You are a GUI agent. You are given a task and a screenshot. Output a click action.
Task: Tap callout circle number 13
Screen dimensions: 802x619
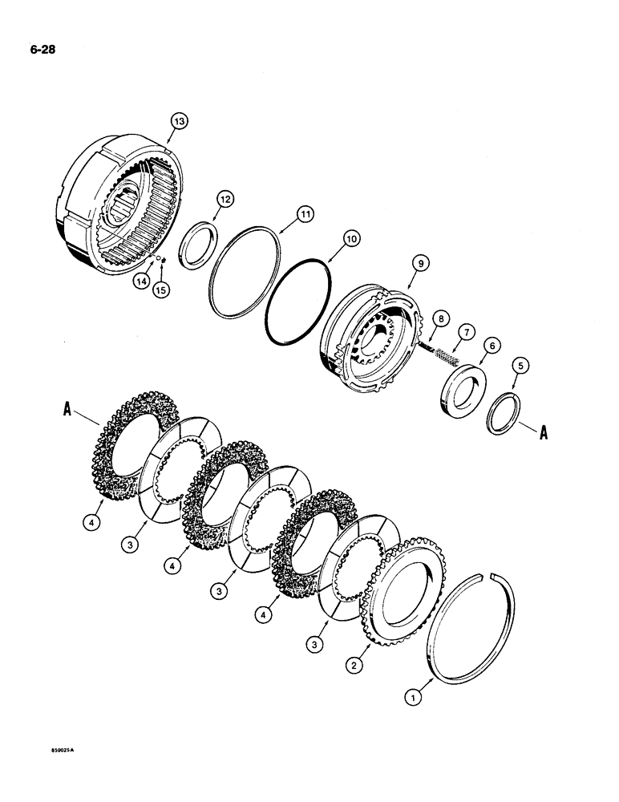pos(178,121)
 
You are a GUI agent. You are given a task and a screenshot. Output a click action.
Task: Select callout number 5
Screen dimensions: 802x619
pos(521,367)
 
